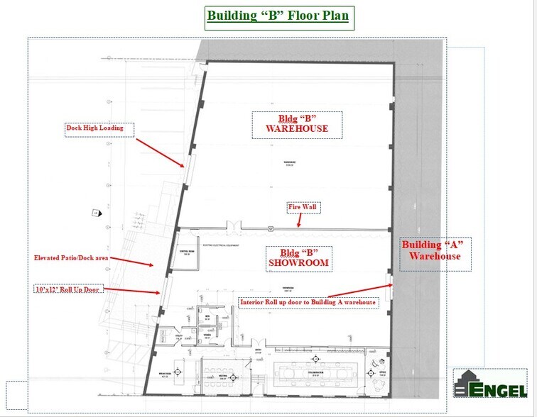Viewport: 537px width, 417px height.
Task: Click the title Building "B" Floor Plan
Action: [x=278, y=16]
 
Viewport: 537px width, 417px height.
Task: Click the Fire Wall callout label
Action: [x=301, y=208]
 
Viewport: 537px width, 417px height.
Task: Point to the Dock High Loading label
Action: [x=94, y=128]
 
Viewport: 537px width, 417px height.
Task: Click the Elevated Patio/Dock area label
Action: [x=72, y=257]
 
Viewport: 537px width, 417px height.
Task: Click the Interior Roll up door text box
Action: [x=308, y=302]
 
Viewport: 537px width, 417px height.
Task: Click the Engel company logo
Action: [x=491, y=386]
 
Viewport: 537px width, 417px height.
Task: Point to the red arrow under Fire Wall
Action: [x=300, y=221]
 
